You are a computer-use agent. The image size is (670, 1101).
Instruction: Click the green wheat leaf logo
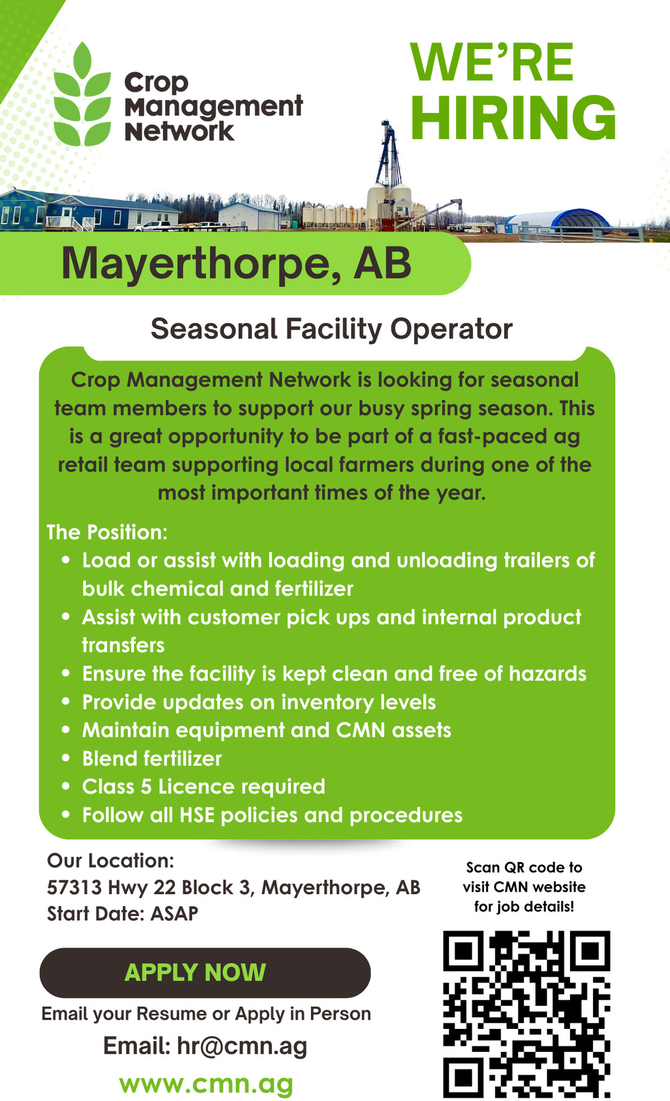(x=82, y=94)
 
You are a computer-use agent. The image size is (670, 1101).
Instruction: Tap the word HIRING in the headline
(x=513, y=118)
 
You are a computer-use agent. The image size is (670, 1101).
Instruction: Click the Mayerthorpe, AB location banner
(x=236, y=263)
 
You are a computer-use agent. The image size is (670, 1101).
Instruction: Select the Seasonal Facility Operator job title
(x=331, y=328)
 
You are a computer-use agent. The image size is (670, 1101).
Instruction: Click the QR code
(x=526, y=1014)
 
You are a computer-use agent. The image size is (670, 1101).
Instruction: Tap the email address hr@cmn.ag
(x=242, y=1046)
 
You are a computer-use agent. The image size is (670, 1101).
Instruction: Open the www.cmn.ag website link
(x=206, y=1084)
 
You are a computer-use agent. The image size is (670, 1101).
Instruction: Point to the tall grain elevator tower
(x=388, y=155)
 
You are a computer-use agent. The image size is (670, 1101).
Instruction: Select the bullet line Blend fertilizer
(x=152, y=758)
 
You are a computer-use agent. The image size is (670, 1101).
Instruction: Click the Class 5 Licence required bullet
(x=203, y=787)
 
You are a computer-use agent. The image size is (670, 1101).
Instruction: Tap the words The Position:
(x=107, y=532)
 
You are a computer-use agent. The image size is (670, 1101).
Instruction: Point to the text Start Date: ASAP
(x=123, y=913)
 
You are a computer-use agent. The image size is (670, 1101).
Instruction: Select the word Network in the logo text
(x=179, y=132)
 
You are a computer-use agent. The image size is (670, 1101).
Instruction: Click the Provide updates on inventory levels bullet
(x=259, y=702)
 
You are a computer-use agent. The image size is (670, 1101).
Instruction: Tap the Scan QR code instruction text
(x=524, y=887)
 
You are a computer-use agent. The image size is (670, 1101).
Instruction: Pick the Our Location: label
(x=110, y=861)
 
